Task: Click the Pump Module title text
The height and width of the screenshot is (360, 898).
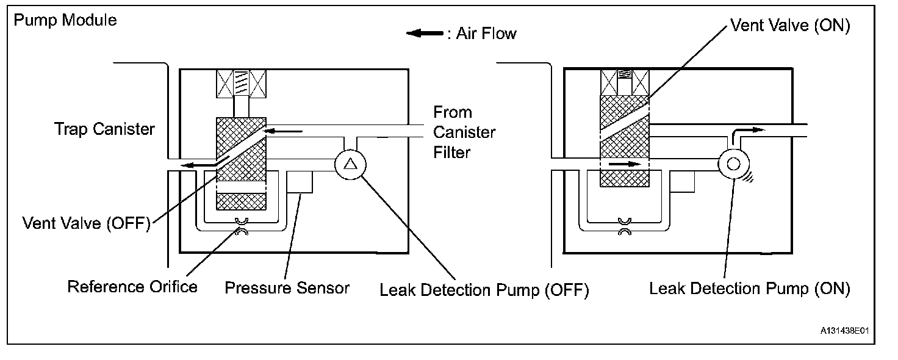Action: point(65,20)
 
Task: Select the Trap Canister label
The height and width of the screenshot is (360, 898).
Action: point(104,129)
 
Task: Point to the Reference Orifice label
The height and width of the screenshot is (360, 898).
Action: point(132,286)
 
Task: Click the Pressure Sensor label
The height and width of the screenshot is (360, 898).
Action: point(287,287)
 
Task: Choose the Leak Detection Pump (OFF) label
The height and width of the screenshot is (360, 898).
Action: point(484,290)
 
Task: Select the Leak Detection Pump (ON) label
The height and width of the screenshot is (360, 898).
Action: point(749,288)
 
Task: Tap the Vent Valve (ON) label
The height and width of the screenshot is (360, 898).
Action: point(791,26)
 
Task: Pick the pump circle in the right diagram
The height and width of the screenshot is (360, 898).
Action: point(731,164)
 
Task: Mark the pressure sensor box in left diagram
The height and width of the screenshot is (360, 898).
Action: point(300,182)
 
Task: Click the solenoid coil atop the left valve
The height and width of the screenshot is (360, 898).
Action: point(241,84)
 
